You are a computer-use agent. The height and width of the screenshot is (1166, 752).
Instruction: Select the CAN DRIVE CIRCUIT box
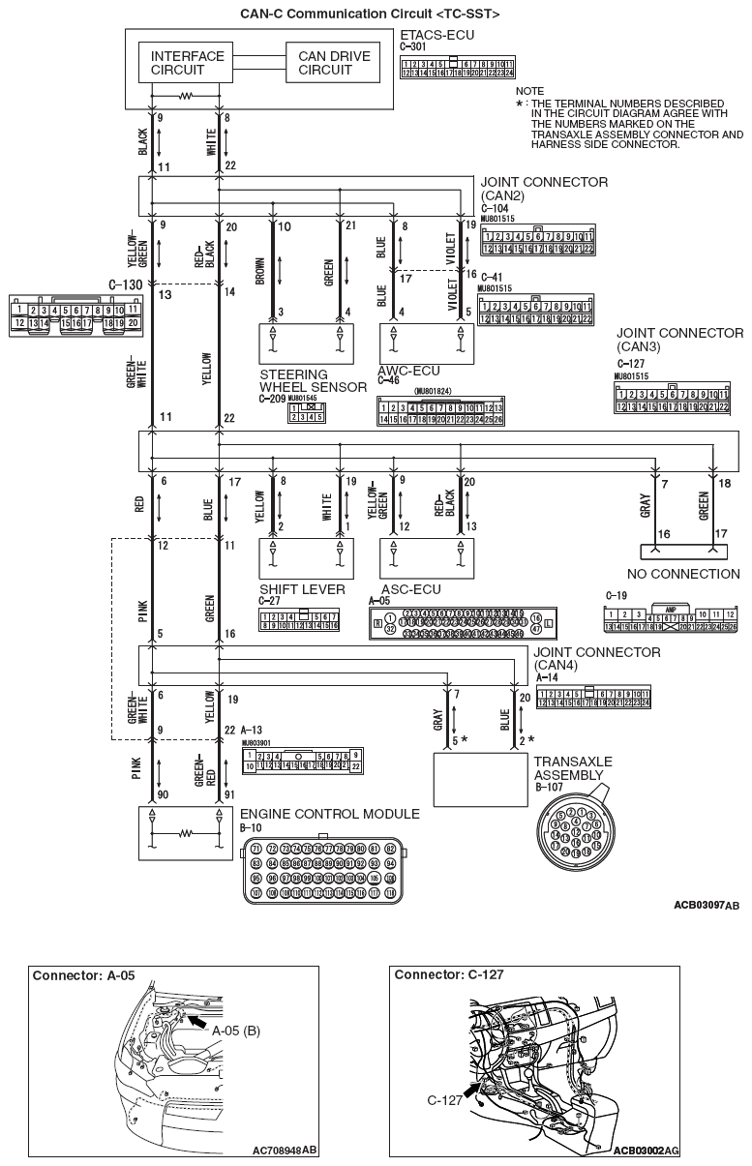[334, 63]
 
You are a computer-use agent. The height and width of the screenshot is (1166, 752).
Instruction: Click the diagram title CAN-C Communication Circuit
[356, 13]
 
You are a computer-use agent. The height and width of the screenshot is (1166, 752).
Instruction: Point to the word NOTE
[530, 90]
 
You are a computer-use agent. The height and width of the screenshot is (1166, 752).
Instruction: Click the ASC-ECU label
[410, 587]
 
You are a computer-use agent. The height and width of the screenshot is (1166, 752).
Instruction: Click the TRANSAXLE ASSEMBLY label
[573, 768]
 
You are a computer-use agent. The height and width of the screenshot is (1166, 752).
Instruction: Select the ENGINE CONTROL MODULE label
[329, 814]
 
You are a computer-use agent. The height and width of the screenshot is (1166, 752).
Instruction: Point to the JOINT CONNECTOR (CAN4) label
[597, 658]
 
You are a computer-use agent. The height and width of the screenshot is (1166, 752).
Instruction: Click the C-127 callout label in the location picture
[444, 1100]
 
